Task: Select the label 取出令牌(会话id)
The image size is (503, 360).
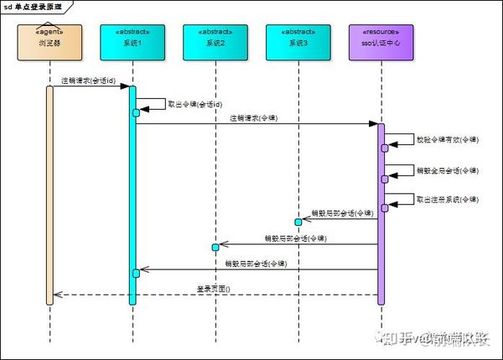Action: coord(195,104)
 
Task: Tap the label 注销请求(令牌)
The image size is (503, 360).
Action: coord(254,118)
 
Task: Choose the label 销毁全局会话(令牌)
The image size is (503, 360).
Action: coord(448,170)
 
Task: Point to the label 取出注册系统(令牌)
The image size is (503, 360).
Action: coord(448,199)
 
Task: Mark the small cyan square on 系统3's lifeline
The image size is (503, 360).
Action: coord(298,222)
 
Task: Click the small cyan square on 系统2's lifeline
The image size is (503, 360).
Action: coord(215,247)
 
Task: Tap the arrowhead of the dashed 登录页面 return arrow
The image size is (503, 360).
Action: coord(55,295)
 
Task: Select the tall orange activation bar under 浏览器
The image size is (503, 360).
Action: coord(49,193)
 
